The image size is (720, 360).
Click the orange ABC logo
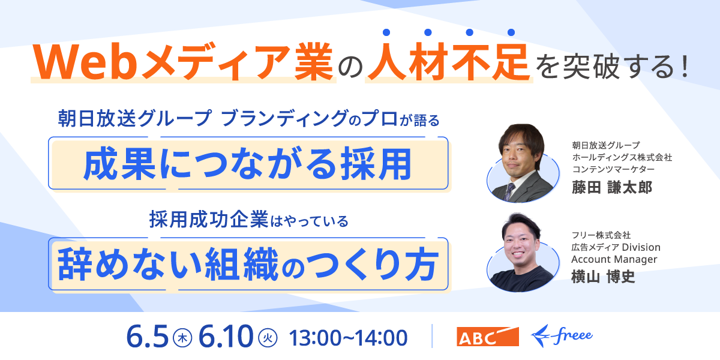(x=488, y=337)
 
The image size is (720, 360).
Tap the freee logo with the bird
(x=562, y=336)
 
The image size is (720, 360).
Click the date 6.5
(x=148, y=337)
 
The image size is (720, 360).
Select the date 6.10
(x=226, y=337)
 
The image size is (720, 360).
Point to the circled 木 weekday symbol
(x=182, y=338)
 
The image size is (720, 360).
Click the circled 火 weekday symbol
(x=268, y=338)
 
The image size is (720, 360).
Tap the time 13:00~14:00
(x=349, y=338)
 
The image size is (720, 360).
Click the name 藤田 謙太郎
(x=612, y=187)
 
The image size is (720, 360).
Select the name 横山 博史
(x=604, y=277)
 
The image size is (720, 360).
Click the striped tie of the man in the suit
(x=509, y=191)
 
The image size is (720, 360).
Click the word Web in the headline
(x=85, y=62)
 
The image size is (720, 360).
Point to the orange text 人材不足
(x=449, y=61)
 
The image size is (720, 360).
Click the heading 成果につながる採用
(x=248, y=164)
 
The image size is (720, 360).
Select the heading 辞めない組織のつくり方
(x=248, y=265)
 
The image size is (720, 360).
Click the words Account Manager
(x=614, y=259)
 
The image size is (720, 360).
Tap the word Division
(x=641, y=247)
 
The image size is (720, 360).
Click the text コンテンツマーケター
(x=613, y=169)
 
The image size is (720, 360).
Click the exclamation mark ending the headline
(x=685, y=66)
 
